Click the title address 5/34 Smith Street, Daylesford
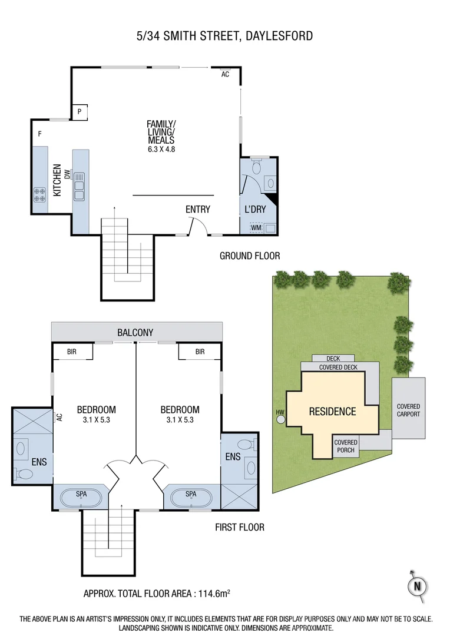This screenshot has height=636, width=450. point(224,37)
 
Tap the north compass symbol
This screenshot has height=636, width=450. point(417,586)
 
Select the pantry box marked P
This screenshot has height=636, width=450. point(79,112)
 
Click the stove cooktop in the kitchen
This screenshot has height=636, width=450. point(40,194)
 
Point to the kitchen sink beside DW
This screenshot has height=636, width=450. point(79,189)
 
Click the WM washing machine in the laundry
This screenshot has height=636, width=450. point(256,227)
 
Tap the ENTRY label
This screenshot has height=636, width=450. point(197,209)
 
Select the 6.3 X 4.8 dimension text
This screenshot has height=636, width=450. point(161,149)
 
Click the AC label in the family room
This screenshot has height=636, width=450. point(225,75)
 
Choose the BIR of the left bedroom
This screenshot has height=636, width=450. point(72,352)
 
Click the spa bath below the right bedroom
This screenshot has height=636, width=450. point(191,498)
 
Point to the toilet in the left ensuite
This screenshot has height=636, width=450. point(27,473)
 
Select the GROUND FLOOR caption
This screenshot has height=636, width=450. point(249,256)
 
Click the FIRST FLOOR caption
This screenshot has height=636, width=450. point(239,527)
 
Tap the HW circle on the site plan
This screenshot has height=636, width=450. point(280,419)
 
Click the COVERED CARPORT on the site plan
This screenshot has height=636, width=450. point(408,410)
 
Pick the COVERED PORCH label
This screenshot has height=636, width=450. point(346,446)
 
